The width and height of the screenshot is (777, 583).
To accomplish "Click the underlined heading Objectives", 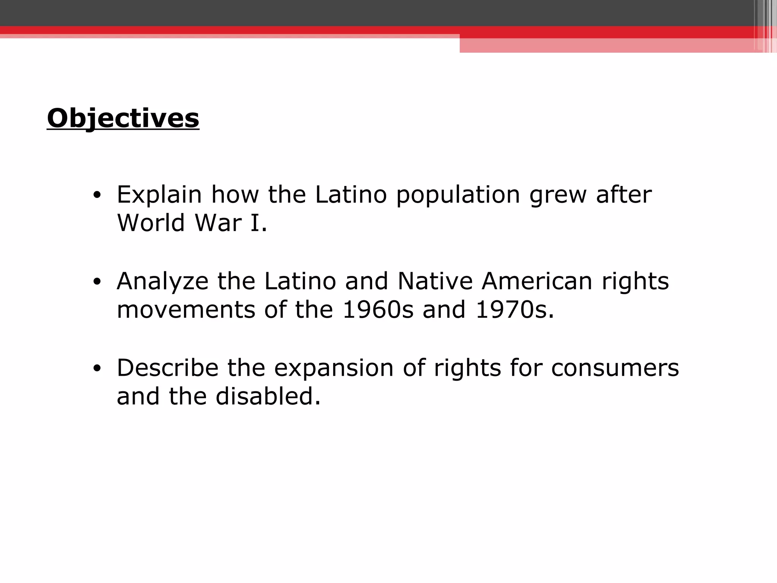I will (123, 118).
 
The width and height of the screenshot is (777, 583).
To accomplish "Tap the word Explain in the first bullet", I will (159, 195).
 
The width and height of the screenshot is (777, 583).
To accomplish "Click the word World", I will (151, 223).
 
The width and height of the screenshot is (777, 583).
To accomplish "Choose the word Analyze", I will (162, 282).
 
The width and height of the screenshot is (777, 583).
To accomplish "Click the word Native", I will (435, 281).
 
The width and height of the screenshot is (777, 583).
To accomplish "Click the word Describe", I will (167, 368).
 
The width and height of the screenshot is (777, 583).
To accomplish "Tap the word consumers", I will (615, 368).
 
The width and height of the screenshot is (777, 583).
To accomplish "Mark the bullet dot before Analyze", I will (97, 282).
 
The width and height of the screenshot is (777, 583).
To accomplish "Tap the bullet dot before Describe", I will (97, 369).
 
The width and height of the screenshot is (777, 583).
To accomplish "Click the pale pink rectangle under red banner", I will (607, 46).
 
